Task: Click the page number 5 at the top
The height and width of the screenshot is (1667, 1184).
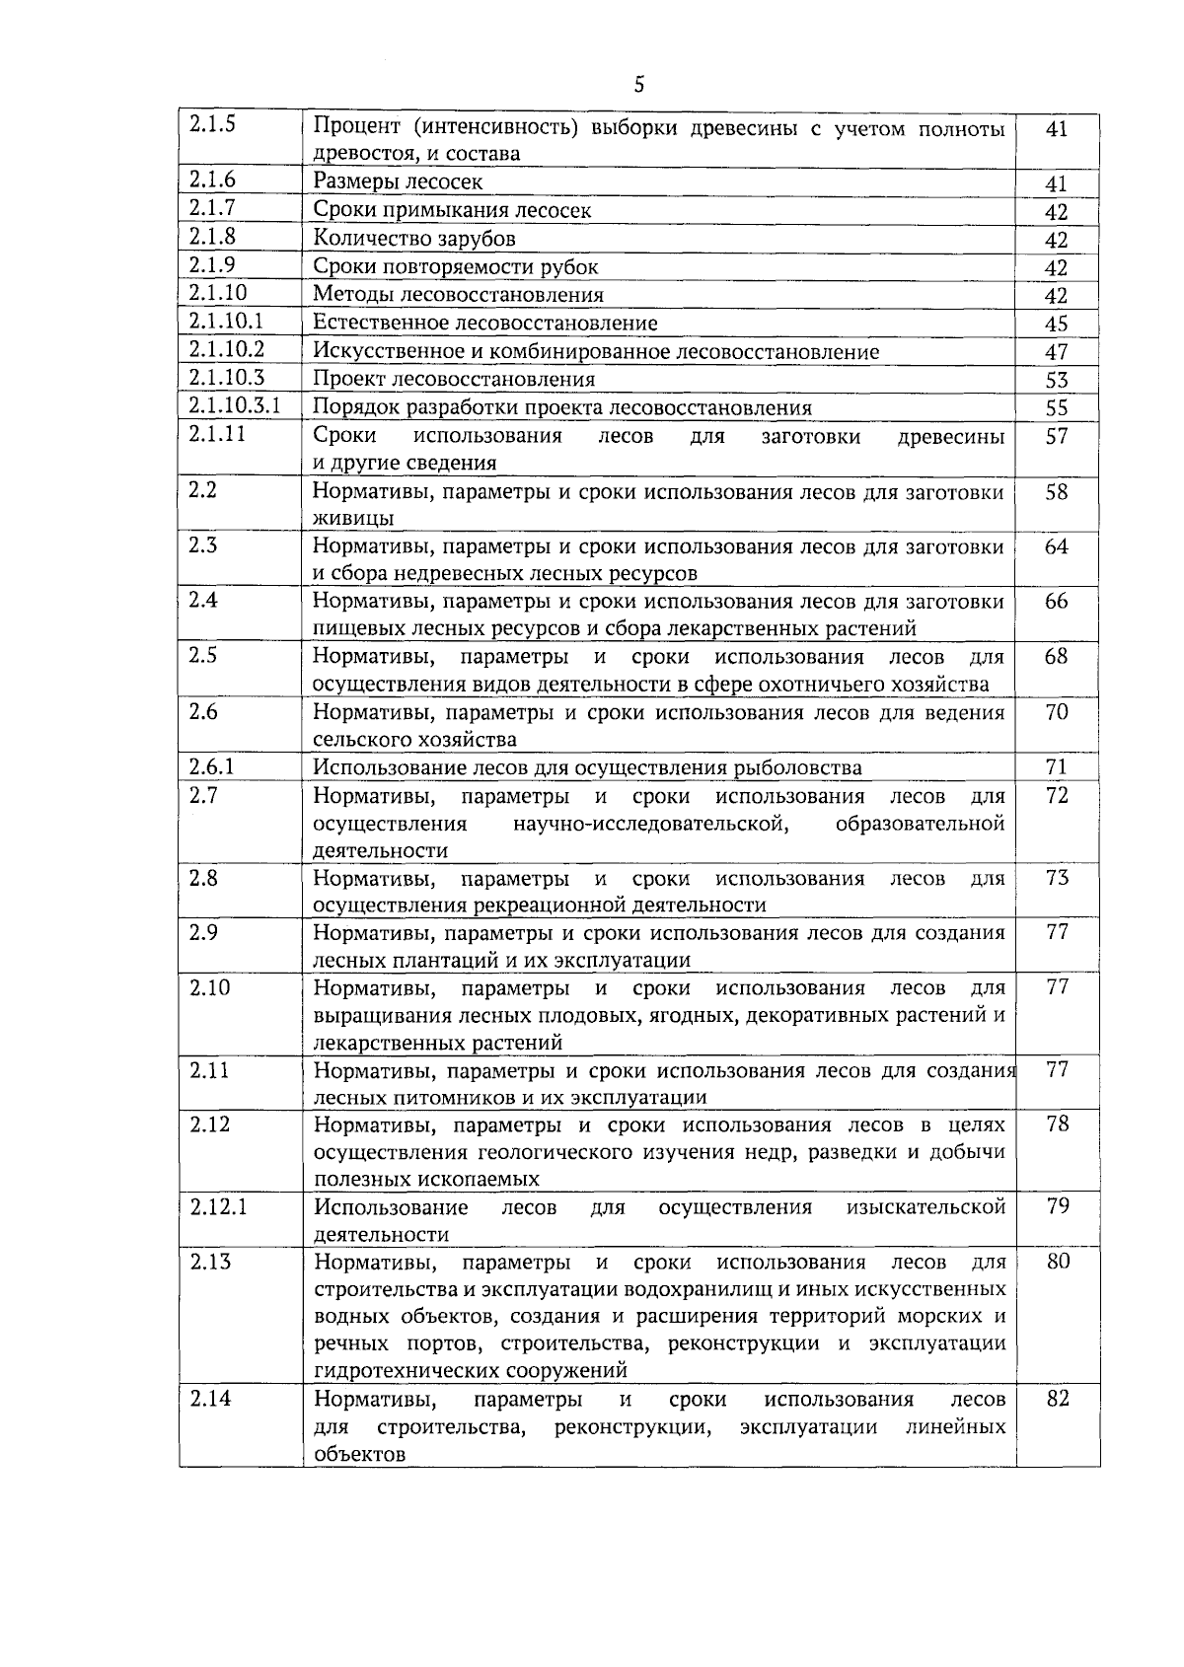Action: pos(638,85)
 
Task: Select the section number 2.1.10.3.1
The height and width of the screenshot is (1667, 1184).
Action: pos(235,405)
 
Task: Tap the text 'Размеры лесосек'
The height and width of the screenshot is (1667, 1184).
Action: pos(398,181)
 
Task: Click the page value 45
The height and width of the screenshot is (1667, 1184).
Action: pos(1057,324)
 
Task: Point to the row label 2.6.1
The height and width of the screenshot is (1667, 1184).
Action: pos(211,766)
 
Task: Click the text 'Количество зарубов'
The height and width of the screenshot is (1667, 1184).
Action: pos(414,239)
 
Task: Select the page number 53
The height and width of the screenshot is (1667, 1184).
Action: pos(1057,380)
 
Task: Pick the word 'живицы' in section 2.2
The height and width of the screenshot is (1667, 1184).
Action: pos(353,519)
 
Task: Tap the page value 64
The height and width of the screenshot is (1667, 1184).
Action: pos(1057,546)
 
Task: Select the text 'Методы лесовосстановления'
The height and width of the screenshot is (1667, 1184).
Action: pos(458,295)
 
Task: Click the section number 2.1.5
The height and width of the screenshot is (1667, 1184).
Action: pos(212,124)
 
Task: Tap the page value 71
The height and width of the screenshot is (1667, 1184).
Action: pos(1057,766)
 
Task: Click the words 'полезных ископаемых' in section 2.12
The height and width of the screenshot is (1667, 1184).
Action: pos(426,1179)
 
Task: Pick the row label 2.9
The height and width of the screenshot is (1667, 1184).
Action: pos(203,932)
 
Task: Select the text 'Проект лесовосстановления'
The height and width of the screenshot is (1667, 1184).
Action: pos(454,380)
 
